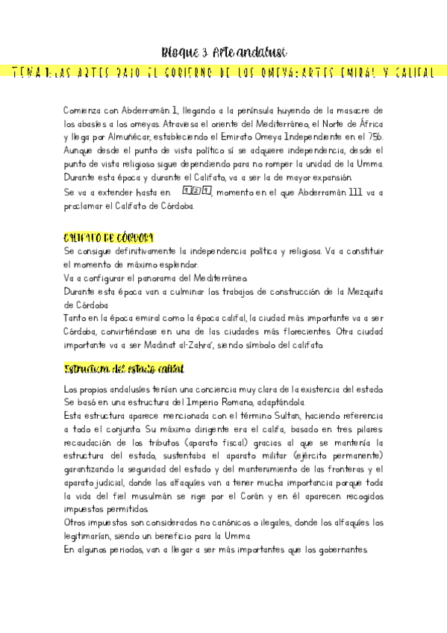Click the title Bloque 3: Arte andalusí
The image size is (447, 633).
224,52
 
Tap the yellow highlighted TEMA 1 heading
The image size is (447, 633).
224,72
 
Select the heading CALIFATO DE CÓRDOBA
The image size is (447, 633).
109,237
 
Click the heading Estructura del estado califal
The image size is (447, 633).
125,369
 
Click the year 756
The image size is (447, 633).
372,137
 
